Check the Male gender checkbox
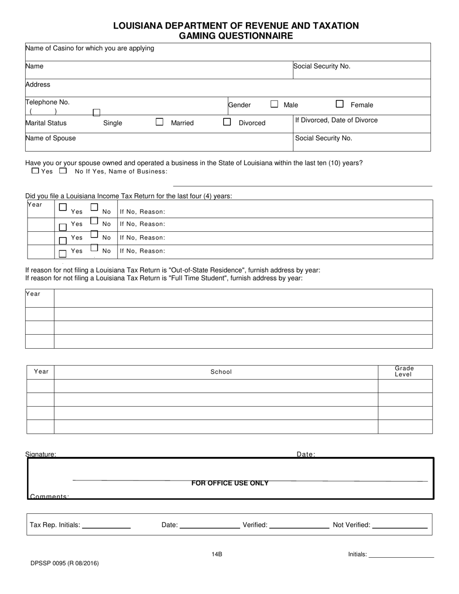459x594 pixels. click(x=274, y=104)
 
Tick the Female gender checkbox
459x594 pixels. click(x=340, y=104)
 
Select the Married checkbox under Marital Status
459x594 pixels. click(x=159, y=122)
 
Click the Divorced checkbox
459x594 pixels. click(x=227, y=122)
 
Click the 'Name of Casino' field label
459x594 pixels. click(x=90, y=48)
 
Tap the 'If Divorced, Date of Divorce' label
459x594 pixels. click(x=336, y=120)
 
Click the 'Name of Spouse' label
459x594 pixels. click(x=51, y=138)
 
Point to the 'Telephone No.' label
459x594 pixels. click(x=47, y=102)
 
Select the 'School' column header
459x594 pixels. click(x=221, y=372)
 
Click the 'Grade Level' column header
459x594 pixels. click(x=404, y=371)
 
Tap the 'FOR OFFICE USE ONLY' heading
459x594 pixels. click(x=230, y=483)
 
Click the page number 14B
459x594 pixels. click(x=216, y=554)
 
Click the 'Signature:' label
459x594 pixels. click(x=41, y=454)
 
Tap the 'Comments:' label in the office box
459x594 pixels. click(x=49, y=496)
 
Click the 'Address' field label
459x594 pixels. click(x=38, y=85)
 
